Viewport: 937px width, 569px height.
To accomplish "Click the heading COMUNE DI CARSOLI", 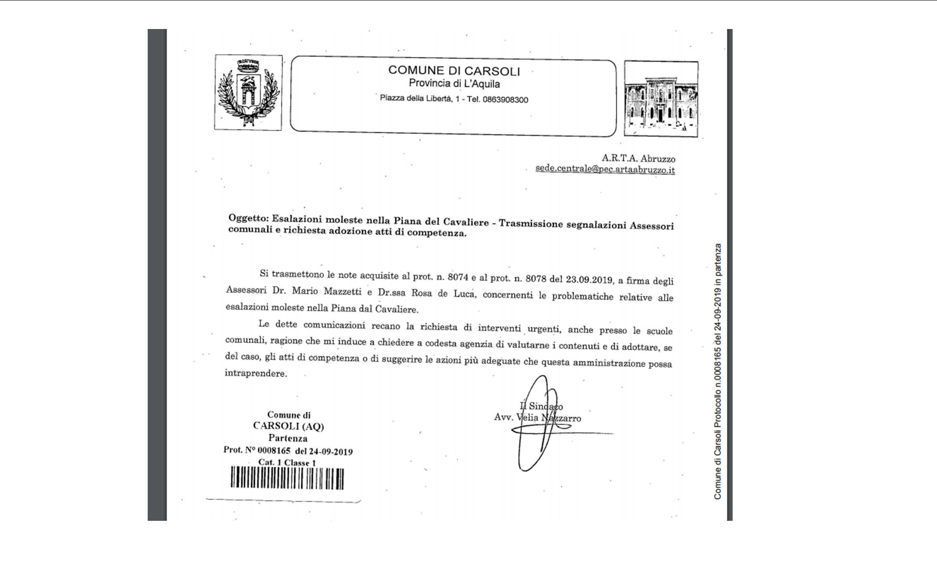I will pyautogui.click(x=454, y=71).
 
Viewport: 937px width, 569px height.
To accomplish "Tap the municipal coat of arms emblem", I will pyautogui.click(x=248, y=93).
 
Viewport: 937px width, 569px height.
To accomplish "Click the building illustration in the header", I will pyautogui.click(x=661, y=99).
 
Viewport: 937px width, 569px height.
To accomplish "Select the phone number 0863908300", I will pyautogui.click(x=505, y=100).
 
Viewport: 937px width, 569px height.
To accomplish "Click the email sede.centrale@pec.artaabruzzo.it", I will pyautogui.click(x=605, y=170).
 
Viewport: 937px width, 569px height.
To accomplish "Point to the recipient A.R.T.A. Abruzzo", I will pyautogui.click(x=638, y=158).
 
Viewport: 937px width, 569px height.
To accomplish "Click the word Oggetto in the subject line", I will pyautogui.click(x=248, y=218).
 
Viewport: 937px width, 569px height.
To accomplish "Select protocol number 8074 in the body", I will pyautogui.click(x=458, y=277).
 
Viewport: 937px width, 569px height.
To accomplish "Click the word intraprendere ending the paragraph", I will pyautogui.click(x=255, y=373).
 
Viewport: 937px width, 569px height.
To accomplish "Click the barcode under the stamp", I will pyautogui.click(x=287, y=478).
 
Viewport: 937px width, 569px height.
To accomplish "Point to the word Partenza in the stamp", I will pyautogui.click(x=288, y=438).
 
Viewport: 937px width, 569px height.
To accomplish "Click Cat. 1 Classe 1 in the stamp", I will pyautogui.click(x=287, y=463).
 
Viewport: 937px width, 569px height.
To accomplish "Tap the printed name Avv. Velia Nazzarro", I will pyautogui.click(x=537, y=418).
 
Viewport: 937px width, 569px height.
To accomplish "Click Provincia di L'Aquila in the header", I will pyautogui.click(x=454, y=83).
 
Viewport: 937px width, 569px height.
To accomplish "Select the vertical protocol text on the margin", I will pyautogui.click(x=717, y=370).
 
